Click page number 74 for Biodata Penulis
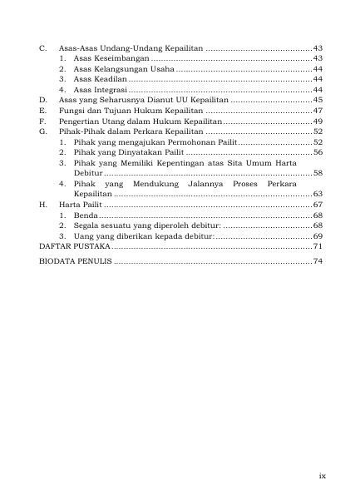(x=317, y=261)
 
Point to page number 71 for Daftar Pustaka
(x=317, y=247)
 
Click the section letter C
(x=42, y=47)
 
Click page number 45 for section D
(x=318, y=99)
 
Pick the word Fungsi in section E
(x=73, y=110)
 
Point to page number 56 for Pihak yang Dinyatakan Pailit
(x=318, y=152)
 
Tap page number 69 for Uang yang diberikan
(x=318, y=236)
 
